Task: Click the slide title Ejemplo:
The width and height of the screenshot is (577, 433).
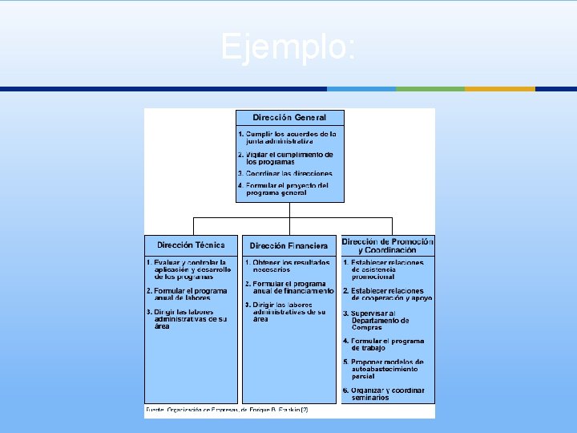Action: (x=288, y=47)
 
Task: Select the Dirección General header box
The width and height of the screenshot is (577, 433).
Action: (x=289, y=118)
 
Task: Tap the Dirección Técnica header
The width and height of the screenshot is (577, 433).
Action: (x=191, y=245)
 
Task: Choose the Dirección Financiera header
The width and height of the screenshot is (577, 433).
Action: (x=288, y=245)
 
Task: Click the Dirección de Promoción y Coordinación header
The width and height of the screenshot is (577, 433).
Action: (x=388, y=245)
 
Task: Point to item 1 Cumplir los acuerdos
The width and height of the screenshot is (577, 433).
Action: (x=289, y=137)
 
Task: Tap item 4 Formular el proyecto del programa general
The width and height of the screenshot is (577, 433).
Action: (x=287, y=189)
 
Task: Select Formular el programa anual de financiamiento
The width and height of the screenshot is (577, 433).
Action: (x=290, y=287)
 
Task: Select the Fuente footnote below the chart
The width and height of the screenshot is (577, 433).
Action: (x=227, y=410)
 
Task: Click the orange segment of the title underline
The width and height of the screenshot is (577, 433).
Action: (x=500, y=89)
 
